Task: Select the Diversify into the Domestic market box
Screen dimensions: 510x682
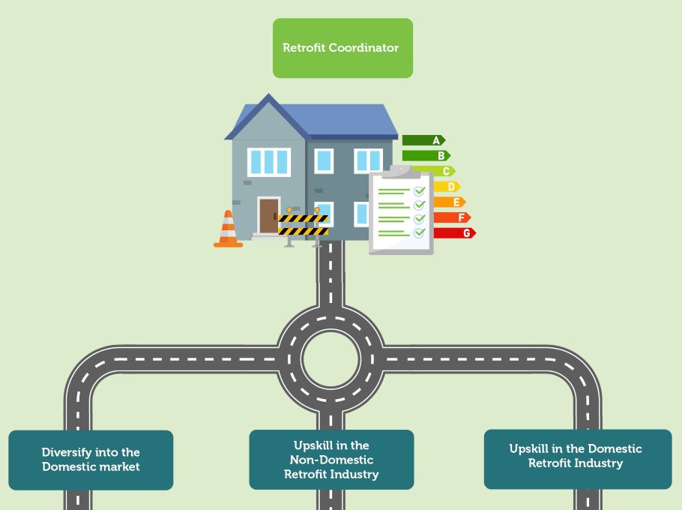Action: click(x=91, y=460)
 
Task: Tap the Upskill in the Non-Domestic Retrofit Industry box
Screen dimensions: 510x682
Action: click(x=331, y=460)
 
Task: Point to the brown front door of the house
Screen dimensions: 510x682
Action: click(x=268, y=215)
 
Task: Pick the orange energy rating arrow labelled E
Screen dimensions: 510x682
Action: click(x=449, y=202)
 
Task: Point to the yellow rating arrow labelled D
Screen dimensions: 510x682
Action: click(x=447, y=187)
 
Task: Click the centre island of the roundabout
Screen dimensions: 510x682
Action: click(x=331, y=358)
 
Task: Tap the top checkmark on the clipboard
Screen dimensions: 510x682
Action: click(x=420, y=191)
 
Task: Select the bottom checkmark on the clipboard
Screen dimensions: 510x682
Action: click(x=420, y=232)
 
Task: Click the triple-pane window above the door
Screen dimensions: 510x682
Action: click(x=268, y=161)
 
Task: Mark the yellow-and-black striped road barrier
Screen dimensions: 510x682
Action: click(x=303, y=224)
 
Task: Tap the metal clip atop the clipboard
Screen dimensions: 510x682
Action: click(x=401, y=171)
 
